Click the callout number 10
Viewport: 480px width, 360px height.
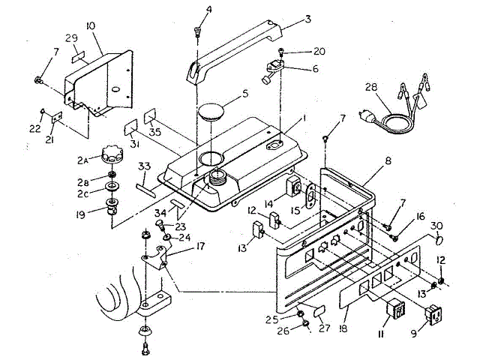90,26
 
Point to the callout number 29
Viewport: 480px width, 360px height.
71,37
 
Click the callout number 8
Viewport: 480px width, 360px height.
388,161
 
